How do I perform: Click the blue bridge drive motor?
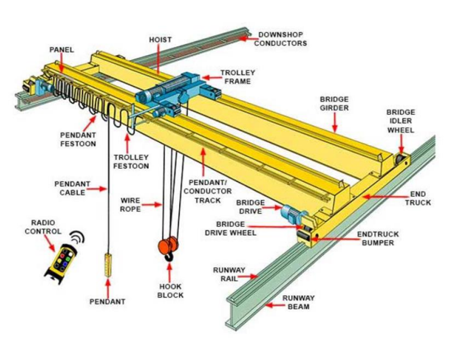(x=289, y=212)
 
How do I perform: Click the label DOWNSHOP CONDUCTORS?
(x=280, y=40)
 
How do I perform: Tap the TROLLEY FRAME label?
(x=237, y=77)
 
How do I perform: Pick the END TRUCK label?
(x=418, y=198)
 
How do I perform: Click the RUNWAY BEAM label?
(x=298, y=302)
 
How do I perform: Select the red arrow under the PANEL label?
(x=62, y=65)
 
